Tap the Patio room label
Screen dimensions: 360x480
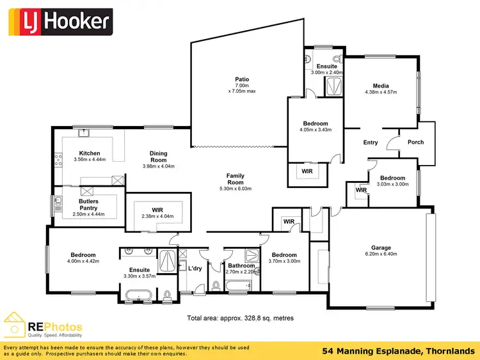click(242, 80)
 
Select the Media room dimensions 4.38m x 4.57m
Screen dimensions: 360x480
click(381, 92)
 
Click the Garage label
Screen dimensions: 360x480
click(381, 247)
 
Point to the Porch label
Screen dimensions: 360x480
click(415, 142)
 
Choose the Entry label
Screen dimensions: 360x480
click(370, 143)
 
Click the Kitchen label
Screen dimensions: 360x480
click(90, 153)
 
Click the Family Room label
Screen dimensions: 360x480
click(236, 179)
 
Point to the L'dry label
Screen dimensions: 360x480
click(195, 268)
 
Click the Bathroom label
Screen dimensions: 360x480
click(241, 266)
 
